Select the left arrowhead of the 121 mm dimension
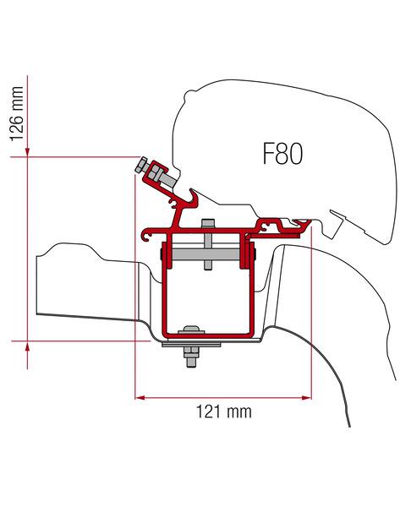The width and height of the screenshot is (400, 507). click(140, 395)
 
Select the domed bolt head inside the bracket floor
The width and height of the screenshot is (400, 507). click(194, 330)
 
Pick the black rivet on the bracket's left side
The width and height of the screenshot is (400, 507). click(160, 252)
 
